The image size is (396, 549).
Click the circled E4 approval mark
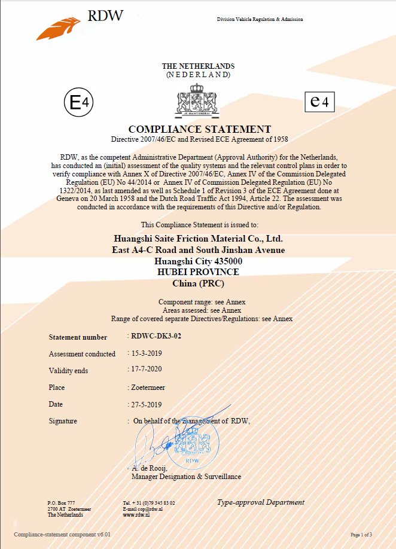coord(78,103)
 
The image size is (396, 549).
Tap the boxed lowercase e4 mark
coord(319,102)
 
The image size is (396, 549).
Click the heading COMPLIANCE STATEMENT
coord(200,129)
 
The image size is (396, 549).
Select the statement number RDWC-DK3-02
coord(156,336)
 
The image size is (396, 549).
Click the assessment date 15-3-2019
coord(147,353)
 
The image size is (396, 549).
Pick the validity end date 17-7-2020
coord(147,370)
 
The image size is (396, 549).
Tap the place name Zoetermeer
coord(150,387)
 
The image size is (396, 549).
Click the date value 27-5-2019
coord(147,404)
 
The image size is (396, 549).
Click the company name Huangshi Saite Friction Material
coord(198,238)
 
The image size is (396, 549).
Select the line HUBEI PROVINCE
coord(197,272)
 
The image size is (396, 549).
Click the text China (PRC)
coord(198,283)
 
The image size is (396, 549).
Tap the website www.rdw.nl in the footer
coord(135,515)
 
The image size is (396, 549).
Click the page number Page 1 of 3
coord(361,534)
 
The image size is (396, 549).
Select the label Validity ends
coord(68,371)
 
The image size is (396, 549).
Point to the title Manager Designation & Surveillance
coord(186,477)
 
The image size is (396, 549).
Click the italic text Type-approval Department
coord(261,502)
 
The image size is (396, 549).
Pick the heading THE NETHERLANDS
coord(198,66)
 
